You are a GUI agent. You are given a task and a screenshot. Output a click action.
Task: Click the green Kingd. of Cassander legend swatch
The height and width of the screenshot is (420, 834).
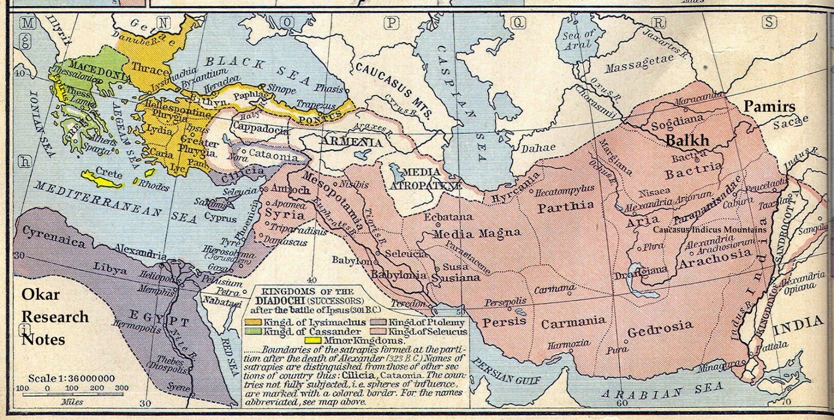pos(254,331)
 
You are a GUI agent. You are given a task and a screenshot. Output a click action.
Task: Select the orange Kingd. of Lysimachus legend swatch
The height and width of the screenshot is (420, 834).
pos(254,322)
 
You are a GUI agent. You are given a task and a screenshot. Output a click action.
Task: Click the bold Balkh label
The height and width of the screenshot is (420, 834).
pos(688,141)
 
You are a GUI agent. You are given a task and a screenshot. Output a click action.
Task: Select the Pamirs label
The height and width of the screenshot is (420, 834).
pos(769,107)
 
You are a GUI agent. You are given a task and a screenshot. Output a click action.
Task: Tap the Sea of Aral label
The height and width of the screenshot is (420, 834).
pos(578,39)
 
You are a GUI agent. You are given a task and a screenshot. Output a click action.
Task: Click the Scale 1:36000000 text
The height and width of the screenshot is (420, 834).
pos(71,378)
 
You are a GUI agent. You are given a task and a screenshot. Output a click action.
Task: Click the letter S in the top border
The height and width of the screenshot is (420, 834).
pos(769,22)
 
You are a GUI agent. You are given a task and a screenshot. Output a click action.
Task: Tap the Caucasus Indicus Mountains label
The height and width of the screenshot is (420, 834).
pos(709,229)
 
